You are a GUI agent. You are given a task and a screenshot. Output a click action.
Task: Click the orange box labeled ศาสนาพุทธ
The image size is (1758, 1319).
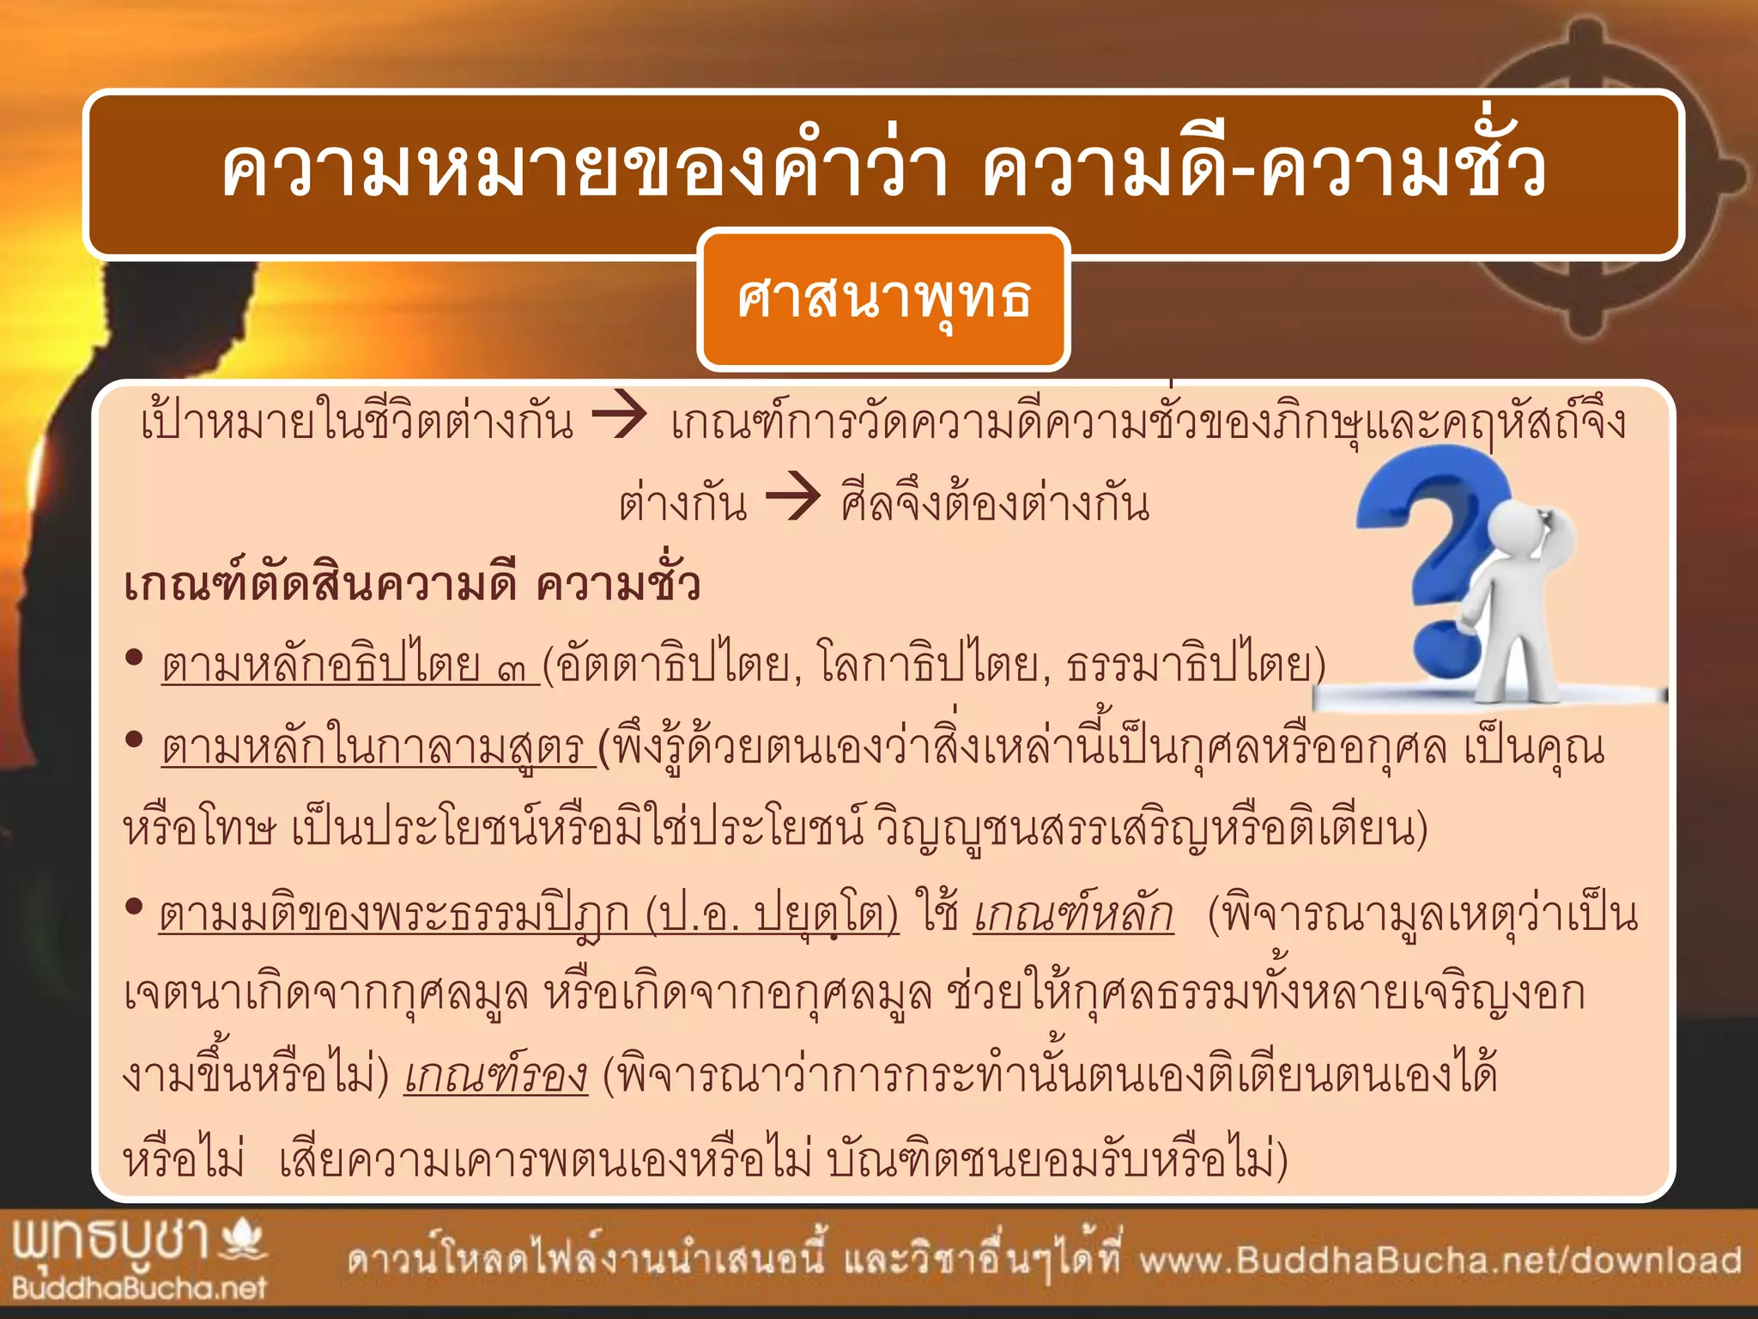883,299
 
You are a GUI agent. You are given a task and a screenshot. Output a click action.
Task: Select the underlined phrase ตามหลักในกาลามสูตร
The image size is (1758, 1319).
378,748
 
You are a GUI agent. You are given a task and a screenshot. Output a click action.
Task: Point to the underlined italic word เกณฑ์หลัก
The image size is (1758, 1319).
1073,914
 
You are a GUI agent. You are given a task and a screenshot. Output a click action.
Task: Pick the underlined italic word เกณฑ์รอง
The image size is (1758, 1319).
496,1077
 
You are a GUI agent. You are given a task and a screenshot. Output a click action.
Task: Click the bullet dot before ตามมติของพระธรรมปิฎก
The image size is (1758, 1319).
133,905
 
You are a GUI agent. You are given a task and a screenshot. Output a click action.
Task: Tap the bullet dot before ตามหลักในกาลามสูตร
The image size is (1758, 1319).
133,739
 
